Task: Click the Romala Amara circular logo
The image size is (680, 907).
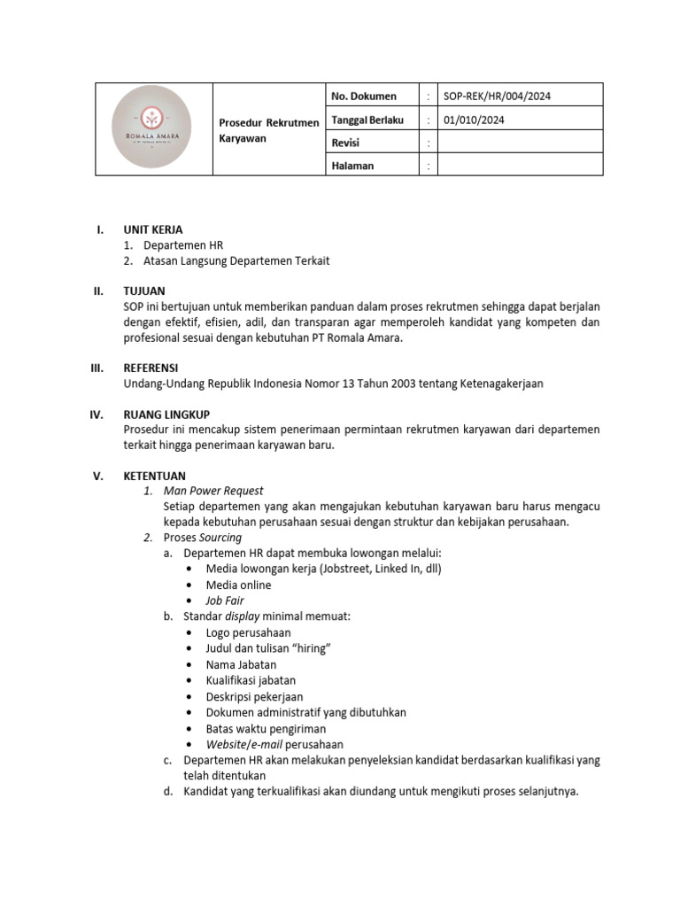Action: (x=152, y=128)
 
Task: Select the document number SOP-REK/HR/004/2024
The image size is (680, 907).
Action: (x=502, y=96)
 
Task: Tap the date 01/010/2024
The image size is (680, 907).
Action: (x=474, y=120)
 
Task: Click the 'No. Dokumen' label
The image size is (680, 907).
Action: (x=363, y=96)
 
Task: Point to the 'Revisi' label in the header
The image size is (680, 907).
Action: (x=345, y=143)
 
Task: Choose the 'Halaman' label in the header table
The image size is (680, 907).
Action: (x=352, y=166)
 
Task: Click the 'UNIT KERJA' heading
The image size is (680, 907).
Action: (x=153, y=229)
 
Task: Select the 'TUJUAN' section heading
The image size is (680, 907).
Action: (x=143, y=291)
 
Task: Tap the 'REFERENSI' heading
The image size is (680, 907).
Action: (x=151, y=368)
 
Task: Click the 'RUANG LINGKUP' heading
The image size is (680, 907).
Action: (x=166, y=414)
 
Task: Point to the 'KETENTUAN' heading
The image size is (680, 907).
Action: (x=155, y=476)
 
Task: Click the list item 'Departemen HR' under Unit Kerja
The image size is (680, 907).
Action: (x=184, y=245)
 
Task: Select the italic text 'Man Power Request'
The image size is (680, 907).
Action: (x=213, y=491)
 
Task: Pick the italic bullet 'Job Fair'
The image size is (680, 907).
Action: (x=225, y=601)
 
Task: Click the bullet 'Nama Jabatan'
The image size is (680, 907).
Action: (x=241, y=664)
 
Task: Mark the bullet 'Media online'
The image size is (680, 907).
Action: (x=238, y=585)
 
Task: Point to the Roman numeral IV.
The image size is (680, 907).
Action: (x=99, y=414)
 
